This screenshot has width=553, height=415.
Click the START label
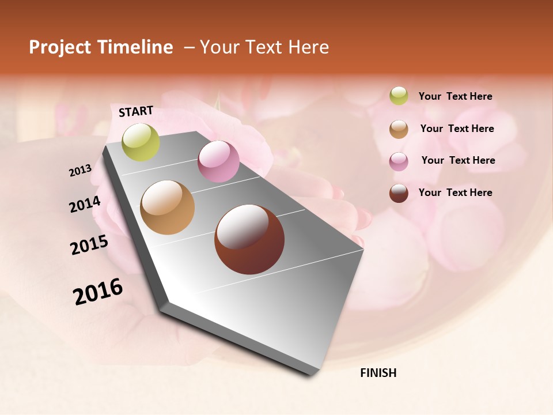click(136, 111)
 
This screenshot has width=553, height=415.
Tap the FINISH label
click(378, 373)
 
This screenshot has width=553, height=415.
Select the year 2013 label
click(80, 171)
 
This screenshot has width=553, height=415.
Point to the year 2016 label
click(98, 292)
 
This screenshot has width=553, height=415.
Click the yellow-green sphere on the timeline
click(141, 142)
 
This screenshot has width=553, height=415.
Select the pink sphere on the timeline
click(218, 161)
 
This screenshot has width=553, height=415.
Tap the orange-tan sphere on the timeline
click(167, 207)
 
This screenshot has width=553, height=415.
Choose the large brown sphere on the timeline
click(249, 239)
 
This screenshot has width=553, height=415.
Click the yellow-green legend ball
click(399, 96)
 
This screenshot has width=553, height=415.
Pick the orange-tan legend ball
click(399, 129)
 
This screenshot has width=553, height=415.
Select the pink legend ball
click(399, 161)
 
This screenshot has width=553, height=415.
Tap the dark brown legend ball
click(399, 193)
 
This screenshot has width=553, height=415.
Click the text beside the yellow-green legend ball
click(455, 96)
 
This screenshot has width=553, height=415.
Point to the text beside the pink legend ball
click(458, 160)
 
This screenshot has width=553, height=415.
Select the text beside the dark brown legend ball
click(455, 193)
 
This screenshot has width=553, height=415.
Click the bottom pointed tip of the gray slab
click(312, 373)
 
